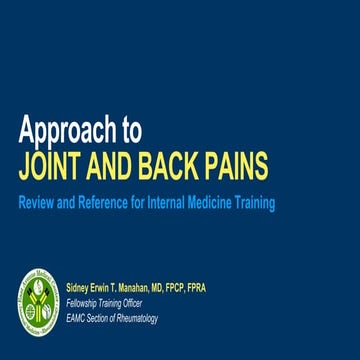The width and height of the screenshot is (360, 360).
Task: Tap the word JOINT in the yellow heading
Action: pyautogui.click(x=50, y=164)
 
